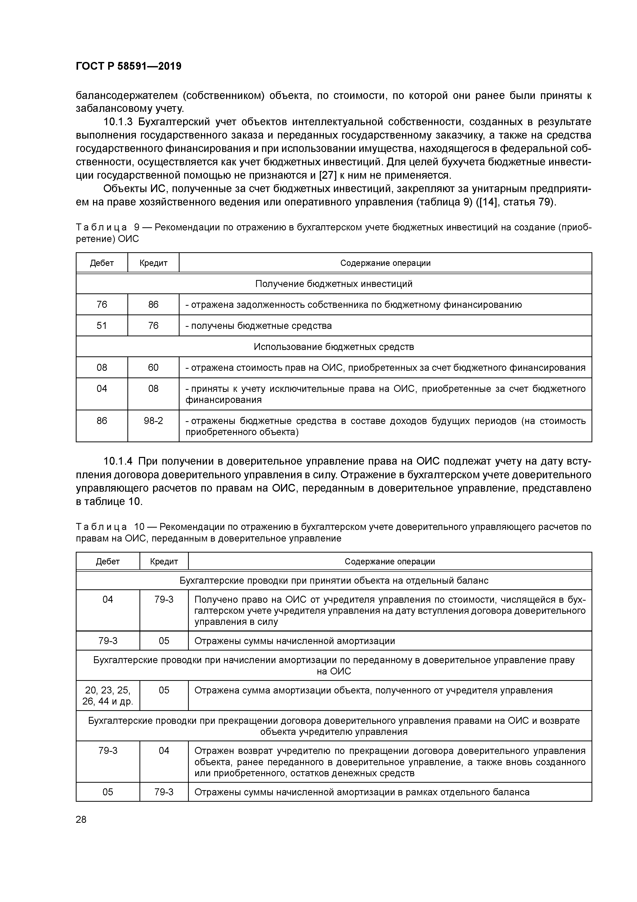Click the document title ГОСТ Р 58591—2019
(128, 66)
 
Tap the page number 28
(81, 819)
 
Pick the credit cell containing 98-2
(153, 421)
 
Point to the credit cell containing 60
(153, 367)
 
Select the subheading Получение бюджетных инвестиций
(334, 284)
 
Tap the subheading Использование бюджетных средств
(334, 347)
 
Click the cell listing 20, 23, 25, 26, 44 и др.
(108, 696)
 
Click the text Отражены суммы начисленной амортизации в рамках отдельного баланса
(362, 792)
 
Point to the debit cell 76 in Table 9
(102, 304)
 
